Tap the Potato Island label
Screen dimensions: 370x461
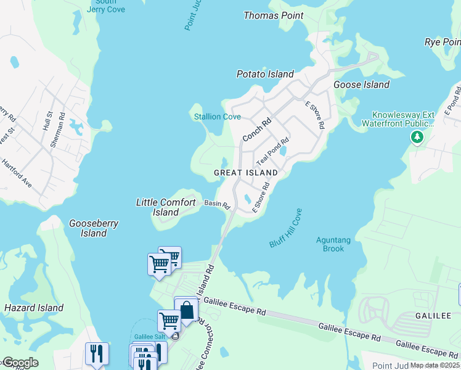(265, 74)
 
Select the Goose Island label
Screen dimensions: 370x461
(361, 84)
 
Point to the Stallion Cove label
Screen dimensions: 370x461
(218, 117)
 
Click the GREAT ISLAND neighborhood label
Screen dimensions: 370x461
(246, 173)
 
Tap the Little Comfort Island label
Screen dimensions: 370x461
(166, 207)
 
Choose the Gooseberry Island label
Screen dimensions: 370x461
(94, 228)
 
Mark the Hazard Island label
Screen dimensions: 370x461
(34, 308)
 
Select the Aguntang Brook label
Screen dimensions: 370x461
(333, 244)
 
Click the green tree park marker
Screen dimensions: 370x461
(417, 136)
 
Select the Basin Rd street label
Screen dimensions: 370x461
(217, 204)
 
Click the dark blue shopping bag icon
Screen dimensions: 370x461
(187, 310)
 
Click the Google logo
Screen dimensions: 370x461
(20, 363)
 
